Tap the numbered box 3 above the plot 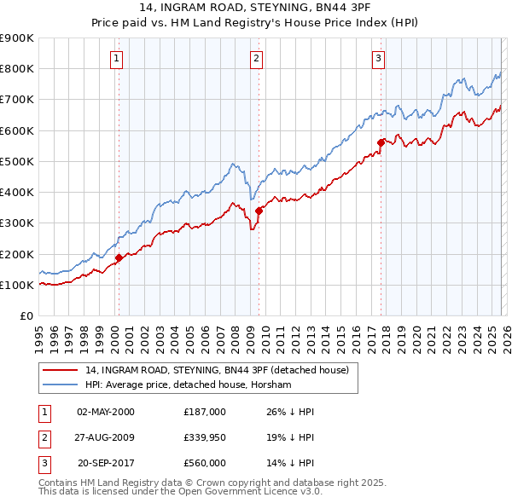coord(378,59)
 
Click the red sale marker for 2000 coord(119,257)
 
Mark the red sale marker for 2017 coord(381,142)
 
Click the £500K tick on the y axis coord(17,161)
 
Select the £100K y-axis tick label coord(17,285)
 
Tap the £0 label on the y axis coord(26,315)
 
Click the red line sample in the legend coord(61,371)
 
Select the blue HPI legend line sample coord(61,385)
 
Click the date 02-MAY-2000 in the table coord(106,412)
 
